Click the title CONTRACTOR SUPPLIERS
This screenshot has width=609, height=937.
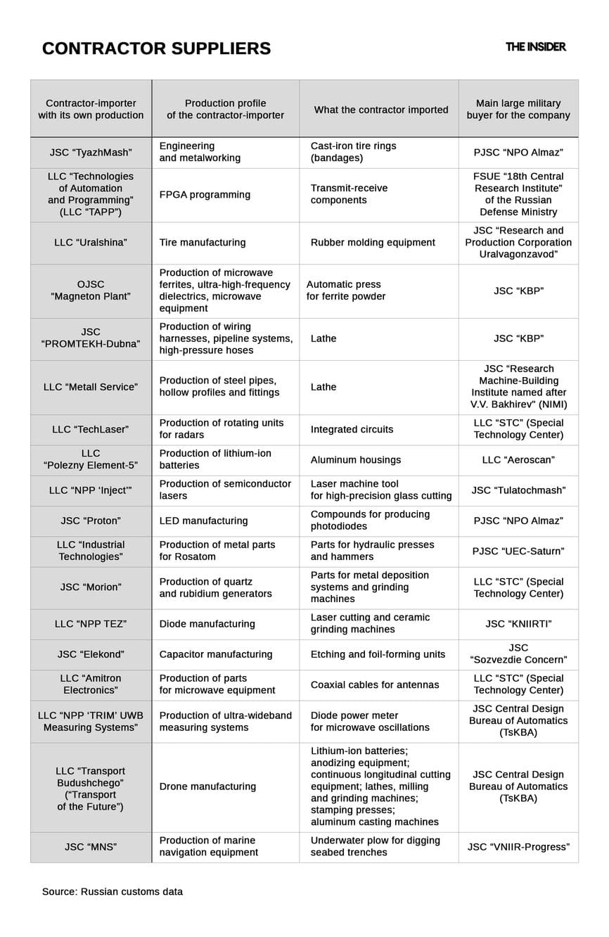point(156,49)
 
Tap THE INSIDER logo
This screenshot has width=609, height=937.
point(535,47)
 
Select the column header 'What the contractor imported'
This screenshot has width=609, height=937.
point(380,110)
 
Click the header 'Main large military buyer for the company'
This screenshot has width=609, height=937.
point(518,110)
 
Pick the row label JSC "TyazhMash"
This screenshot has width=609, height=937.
point(91,152)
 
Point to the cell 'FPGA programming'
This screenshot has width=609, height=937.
point(205,195)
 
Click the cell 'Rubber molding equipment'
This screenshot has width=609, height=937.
point(373,243)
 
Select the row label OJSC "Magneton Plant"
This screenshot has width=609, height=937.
point(91,291)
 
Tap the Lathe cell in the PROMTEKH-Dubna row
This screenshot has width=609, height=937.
point(323,339)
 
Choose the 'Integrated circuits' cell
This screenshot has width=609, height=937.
point(352,429)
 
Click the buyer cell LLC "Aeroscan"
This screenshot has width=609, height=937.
point(518,460)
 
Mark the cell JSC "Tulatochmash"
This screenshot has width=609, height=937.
point(518,490)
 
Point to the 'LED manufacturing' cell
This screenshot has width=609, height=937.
point(203,521)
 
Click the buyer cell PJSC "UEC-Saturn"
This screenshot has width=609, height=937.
point(518,552)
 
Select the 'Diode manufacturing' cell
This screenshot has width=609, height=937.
point(207,624)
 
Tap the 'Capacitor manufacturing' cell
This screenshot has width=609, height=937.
point(215,654)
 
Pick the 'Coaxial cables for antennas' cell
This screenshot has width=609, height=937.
point(375,685)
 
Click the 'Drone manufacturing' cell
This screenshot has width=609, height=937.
point(207,787)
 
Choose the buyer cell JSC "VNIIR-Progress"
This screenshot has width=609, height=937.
point(518,847)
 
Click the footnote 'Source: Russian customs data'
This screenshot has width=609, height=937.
point(113,892)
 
